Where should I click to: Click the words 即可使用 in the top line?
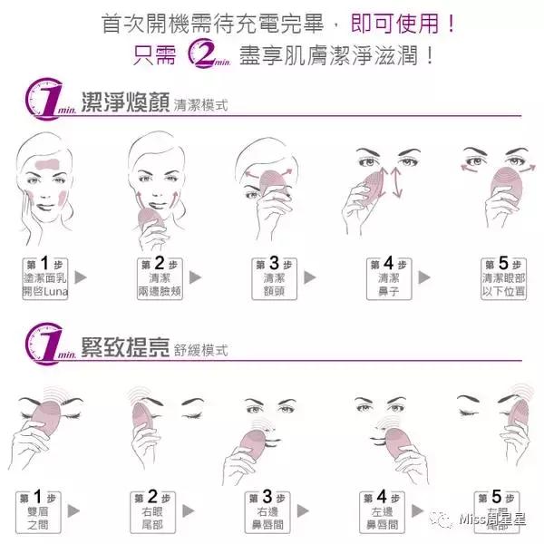pos(388,20)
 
